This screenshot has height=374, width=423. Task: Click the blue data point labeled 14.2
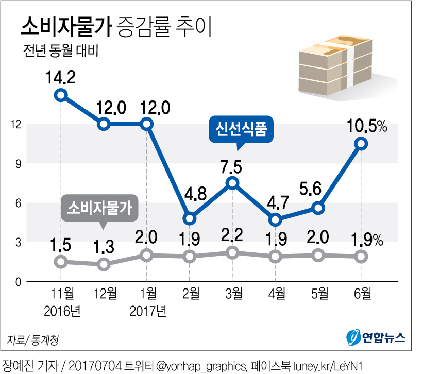(x=61, y=95)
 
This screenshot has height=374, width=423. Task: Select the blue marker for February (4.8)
(x=190, y=218)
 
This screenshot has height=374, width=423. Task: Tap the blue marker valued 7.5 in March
(x=232, y=183)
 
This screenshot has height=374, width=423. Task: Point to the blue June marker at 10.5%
(x=361, y=144)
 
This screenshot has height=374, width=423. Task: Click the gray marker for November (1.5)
(x=61, y=262)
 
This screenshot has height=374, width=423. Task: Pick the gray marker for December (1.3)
(x=104, y=264)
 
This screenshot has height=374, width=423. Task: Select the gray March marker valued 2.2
(x=232, y=252)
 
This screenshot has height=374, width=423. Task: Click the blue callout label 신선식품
(x=241, y=128)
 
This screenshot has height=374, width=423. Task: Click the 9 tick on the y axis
(x=17, y=163)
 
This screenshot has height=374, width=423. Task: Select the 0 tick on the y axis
(x=17, y=282)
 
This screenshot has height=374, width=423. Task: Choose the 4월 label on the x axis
(x=276, y=294)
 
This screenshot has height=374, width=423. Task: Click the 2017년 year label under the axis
(x=148, y=311)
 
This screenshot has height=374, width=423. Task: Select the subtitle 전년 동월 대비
(x=60, y=52)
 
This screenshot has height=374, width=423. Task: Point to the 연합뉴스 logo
(x=376, y=338)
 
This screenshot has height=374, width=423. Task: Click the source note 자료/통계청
(x=33, y=340)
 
